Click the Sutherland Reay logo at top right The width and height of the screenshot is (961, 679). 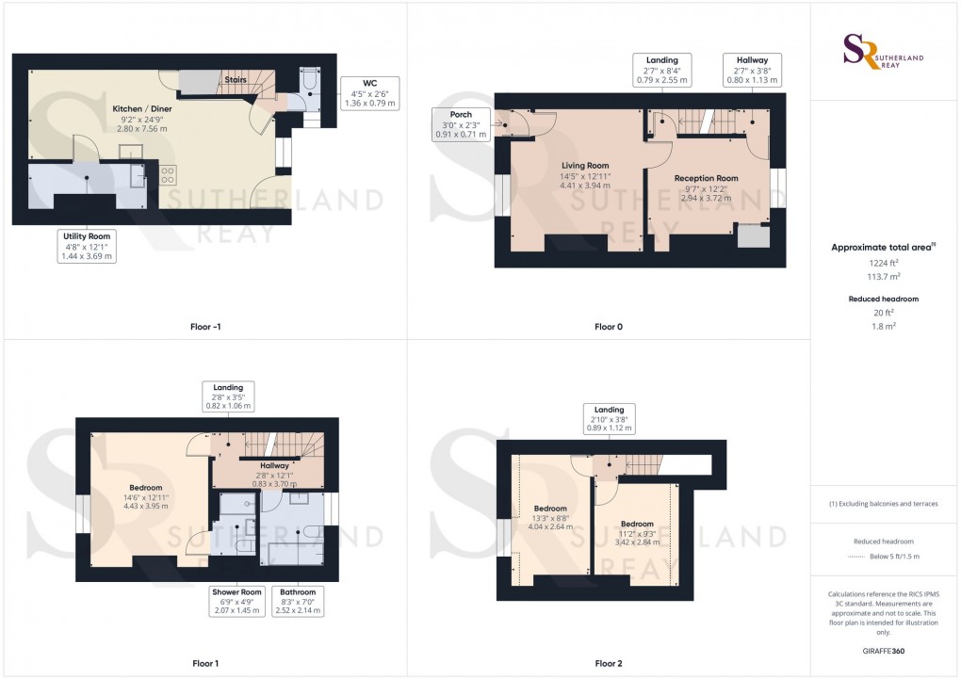(883, 52)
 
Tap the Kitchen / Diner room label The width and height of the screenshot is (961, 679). (142, 118)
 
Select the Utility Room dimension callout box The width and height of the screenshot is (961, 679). (87, 246)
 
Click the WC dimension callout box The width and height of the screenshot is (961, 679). (370, 94)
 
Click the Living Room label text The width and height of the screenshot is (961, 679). (585, 176)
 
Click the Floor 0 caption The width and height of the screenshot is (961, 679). (609, 327)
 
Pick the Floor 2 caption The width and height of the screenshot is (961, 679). (609, 663)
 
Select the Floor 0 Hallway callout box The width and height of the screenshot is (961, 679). (752, 71)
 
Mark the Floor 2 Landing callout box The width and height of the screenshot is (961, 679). (608, 418)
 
